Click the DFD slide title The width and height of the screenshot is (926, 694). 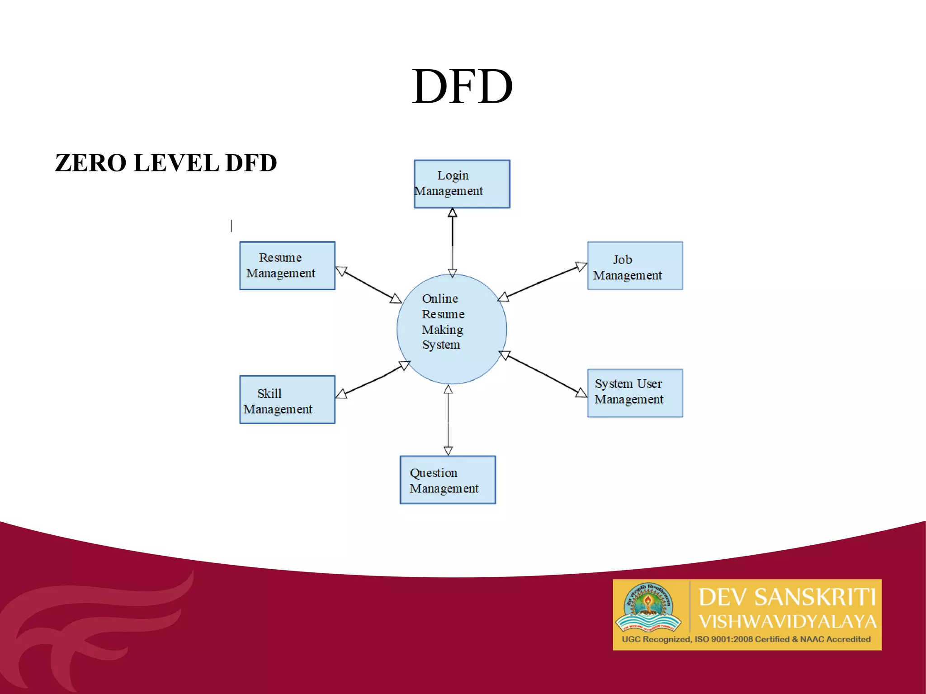pos(462,86)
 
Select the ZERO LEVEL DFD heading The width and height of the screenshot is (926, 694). pos(165,163)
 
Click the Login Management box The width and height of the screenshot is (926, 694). pos(462,184)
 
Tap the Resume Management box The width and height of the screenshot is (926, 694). pos(287,265)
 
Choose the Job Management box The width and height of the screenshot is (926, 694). pos(635,265)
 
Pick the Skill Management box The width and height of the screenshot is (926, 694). pos(287,399)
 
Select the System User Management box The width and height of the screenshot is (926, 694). pos(635,393)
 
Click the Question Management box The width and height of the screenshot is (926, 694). pos(448,480)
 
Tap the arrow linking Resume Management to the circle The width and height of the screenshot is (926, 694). pos(369,285)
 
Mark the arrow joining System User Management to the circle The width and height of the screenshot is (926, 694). pos(543,374)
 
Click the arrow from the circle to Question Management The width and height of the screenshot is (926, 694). pos(448,420)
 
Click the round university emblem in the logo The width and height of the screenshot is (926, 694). pos(648,607)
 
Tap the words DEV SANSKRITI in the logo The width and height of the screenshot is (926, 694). pos(787,597)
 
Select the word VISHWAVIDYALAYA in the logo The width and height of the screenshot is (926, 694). pos(787,622)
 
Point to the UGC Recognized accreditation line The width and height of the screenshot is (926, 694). pos(746,639)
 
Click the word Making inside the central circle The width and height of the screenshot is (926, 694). pos(442,330)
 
